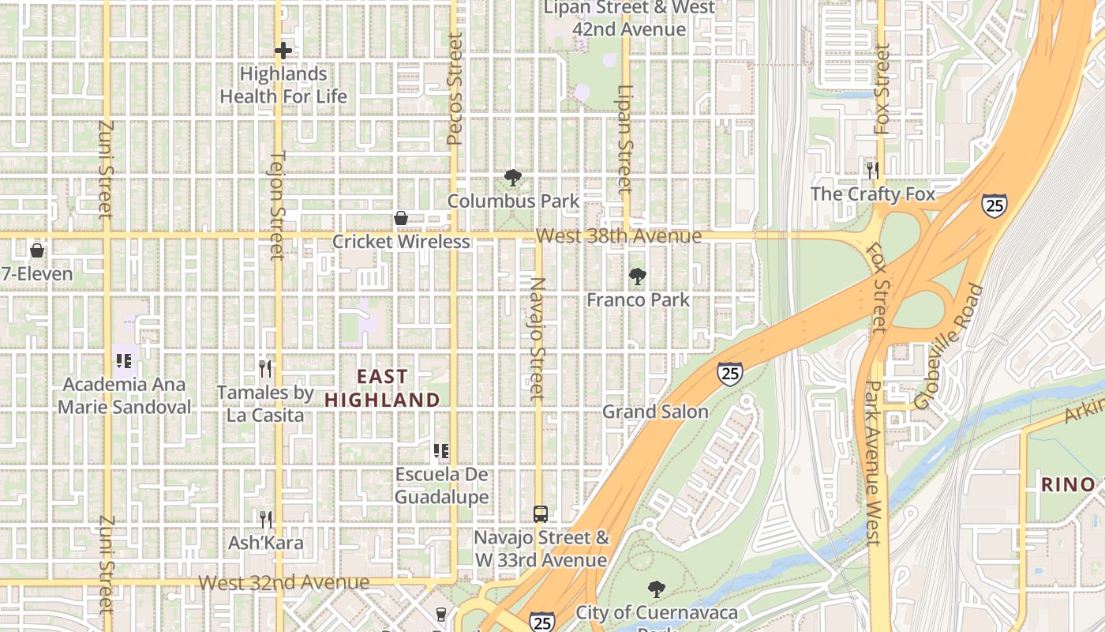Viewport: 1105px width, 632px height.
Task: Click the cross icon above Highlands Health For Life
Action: point(283,51)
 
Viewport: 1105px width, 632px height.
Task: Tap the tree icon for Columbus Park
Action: point(513,178)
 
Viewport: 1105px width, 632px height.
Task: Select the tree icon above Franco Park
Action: point(638,276)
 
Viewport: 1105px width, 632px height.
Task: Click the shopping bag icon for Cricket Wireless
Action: point(401,218)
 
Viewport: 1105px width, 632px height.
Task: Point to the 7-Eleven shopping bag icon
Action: point(36,251)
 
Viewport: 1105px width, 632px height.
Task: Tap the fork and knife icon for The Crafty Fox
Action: point(873,170)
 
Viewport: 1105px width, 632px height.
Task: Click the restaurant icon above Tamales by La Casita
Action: point(265,368)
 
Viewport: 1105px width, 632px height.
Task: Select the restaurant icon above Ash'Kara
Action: point(266,519)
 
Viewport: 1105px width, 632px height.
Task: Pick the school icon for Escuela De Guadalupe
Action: point(441,451)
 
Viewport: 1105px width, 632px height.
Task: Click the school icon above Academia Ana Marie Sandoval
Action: point(123,361)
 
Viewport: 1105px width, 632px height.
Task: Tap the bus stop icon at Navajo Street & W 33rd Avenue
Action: point(541,514)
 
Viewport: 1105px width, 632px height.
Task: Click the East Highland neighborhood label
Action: point(382,388)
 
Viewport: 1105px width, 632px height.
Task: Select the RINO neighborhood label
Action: point(1068,484)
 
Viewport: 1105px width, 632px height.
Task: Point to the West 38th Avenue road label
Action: point(618,236)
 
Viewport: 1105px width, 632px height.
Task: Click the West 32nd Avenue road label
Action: point(283,583)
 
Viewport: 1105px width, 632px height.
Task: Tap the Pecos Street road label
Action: point(454,88)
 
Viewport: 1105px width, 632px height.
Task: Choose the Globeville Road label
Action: point(950,346)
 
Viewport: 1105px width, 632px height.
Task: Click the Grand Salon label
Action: point(655,412)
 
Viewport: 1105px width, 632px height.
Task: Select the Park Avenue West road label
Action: point(873,463)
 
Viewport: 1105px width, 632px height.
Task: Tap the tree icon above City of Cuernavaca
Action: point(656,589)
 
